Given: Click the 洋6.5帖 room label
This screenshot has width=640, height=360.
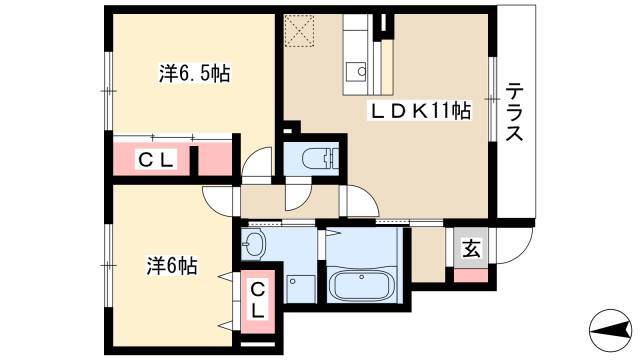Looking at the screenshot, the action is [194, 73].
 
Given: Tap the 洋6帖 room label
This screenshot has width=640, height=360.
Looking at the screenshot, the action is [172, 266].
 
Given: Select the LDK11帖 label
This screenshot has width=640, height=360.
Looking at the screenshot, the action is [420, 110].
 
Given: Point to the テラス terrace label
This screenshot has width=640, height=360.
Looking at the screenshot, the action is [514, 112].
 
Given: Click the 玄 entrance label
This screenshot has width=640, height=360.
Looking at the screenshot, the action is [471, 249].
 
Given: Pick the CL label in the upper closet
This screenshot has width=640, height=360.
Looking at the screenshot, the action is [156, 159].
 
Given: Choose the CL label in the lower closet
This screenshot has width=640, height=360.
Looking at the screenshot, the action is [258, 301].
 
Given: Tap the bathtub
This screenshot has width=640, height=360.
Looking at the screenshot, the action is [362, 285].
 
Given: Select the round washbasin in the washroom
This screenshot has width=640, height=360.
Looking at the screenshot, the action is [253, 245].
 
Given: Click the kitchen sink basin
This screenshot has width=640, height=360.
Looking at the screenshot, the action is [356, 72].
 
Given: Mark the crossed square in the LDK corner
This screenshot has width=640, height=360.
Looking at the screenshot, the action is [300, 31].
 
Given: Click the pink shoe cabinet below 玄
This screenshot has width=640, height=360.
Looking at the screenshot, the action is [471, 276].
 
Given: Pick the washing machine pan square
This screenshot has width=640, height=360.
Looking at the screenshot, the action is [301, 289].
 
